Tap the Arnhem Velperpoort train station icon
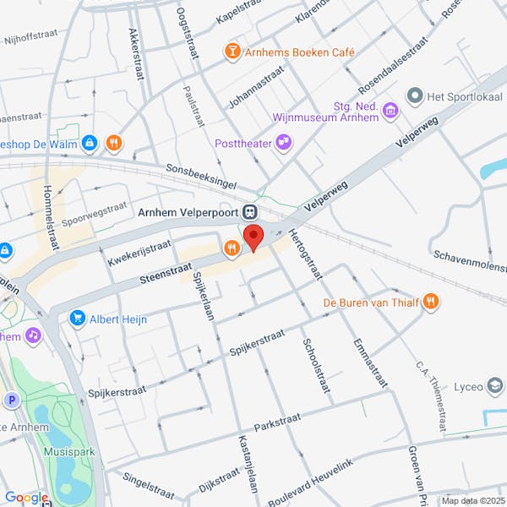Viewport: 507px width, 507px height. tap(249, 211)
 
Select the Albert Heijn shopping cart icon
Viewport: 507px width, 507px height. tap(78, 319)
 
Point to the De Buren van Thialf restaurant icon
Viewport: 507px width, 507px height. tap(431, 302)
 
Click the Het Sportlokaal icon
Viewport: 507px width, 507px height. tap(414, 97)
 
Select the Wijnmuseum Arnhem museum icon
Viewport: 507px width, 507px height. tap(390, 111)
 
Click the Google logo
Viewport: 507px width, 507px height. tap(25, 498)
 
